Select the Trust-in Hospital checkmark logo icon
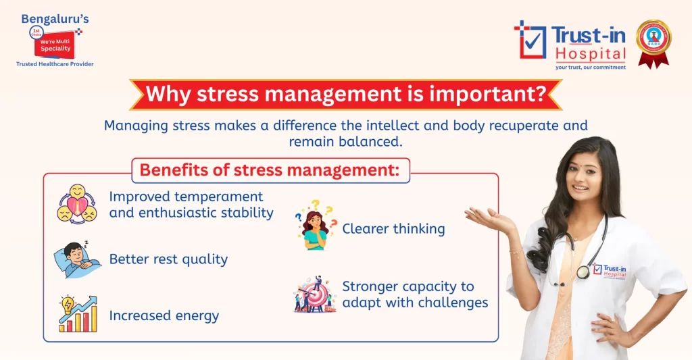530,38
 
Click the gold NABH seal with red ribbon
653,42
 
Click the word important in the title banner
484,94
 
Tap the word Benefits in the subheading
172,170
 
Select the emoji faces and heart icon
76,203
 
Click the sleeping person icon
77,259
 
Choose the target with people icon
315,294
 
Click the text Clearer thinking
393,229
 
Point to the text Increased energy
164,315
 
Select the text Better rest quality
168,259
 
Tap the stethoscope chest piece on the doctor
583,272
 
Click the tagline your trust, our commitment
590,68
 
